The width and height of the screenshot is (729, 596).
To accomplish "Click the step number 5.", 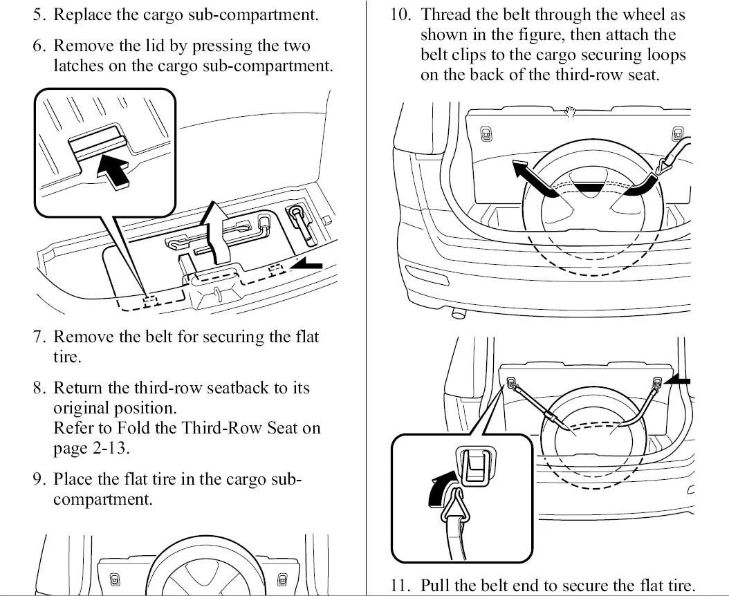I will (x=40, y=15).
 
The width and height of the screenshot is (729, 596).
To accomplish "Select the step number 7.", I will (x=40, y=337).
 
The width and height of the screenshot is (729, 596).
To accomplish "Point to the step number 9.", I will (x=40, y=478).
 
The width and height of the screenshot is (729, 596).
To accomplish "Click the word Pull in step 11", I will (x=435, y=585).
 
